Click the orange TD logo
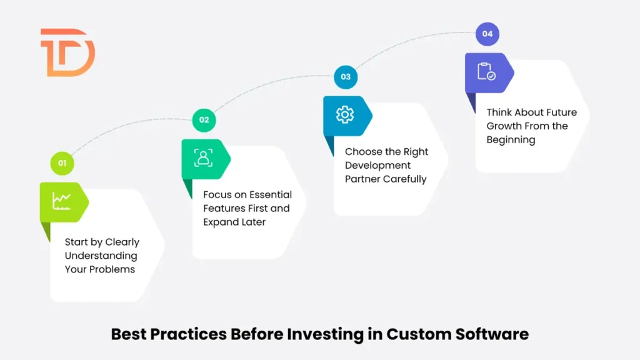[67, 52]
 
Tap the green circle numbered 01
[62, 163]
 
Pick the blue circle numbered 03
[346, 77]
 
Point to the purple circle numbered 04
[487, 34]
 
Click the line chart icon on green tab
[61, 201]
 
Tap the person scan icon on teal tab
[203, 158]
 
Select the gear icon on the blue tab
[344, 115]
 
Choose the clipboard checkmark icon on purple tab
[486, 72]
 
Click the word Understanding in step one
[101, 256]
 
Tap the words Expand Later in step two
[234, 222]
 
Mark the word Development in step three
[378, 166]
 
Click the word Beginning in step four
[511, 140]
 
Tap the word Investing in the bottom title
[324, 334]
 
